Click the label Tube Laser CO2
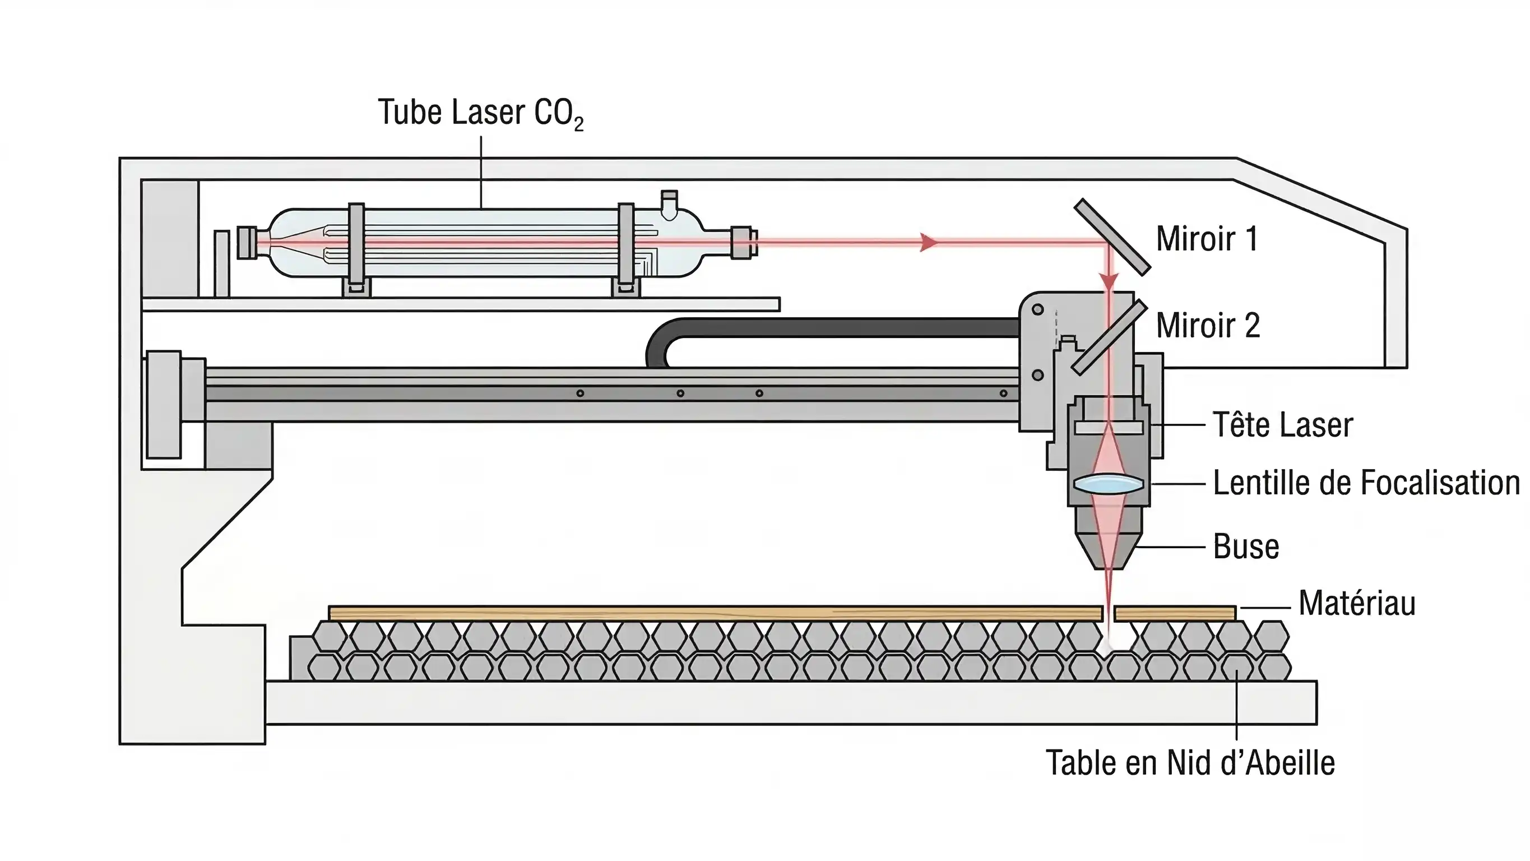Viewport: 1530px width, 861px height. point(480,113)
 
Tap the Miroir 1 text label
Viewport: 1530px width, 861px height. point(1206,239)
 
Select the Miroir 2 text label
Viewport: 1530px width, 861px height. point(1208,326)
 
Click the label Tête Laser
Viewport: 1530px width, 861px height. point(1282,425)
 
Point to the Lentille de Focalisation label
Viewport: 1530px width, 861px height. point(1365,483)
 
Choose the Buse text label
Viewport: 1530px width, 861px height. point(1245,547)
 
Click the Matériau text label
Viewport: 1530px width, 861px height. point(1357,604)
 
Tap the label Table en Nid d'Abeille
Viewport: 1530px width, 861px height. point(1190,763)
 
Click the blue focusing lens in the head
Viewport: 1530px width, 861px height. point(1109,483)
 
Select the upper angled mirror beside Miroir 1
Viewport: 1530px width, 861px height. point(1112,237)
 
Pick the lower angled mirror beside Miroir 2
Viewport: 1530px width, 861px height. point(1109,337)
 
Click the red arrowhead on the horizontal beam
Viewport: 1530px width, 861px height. point(928,242)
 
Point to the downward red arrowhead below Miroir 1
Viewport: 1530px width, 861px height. point(1109,280)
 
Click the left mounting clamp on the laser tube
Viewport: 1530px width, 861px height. point(356,244)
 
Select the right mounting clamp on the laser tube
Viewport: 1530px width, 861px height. point(626,244)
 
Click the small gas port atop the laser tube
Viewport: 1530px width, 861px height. point(669,202)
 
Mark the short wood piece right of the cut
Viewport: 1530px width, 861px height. point(1174,614)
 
